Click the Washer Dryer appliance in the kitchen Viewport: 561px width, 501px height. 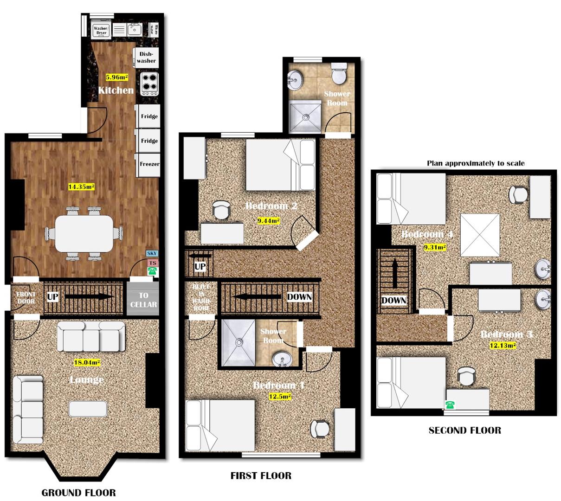(101, 30)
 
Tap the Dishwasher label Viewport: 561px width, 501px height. (147, 58)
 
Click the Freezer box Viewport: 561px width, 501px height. (149, 164)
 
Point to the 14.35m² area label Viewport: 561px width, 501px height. (81, 187)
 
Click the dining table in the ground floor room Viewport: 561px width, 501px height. (84, 233)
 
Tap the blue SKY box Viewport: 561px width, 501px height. (152, 254)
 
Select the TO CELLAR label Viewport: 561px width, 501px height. (143, 300)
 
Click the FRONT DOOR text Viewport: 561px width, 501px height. (26, 298)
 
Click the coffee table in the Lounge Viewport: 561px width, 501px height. (88, 409)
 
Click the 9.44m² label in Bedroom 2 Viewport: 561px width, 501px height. (269, 221)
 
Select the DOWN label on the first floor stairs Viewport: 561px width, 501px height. (299, 297)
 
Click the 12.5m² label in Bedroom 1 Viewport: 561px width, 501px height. (280, 396)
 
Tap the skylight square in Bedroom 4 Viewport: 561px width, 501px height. (480, 235)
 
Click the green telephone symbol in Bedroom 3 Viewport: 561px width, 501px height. (449, 405)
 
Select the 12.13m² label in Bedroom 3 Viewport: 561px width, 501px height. (503, 345)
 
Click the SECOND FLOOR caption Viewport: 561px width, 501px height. (464, 430)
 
